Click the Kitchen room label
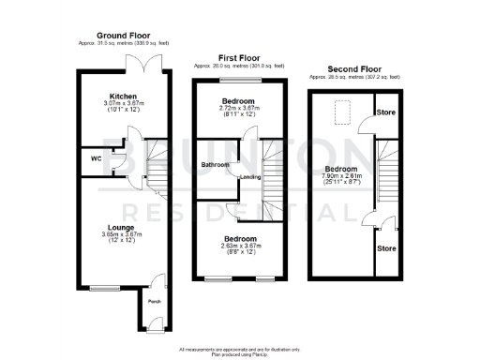tap(123, 96)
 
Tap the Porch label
tap(153, 303)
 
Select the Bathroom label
tap(216, 165)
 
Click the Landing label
tap(250, 176)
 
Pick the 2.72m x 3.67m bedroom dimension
tap(237, 107)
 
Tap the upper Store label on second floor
tap(385, 112)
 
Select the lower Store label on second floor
tap(385, 248)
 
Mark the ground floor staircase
tap(156, 169)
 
